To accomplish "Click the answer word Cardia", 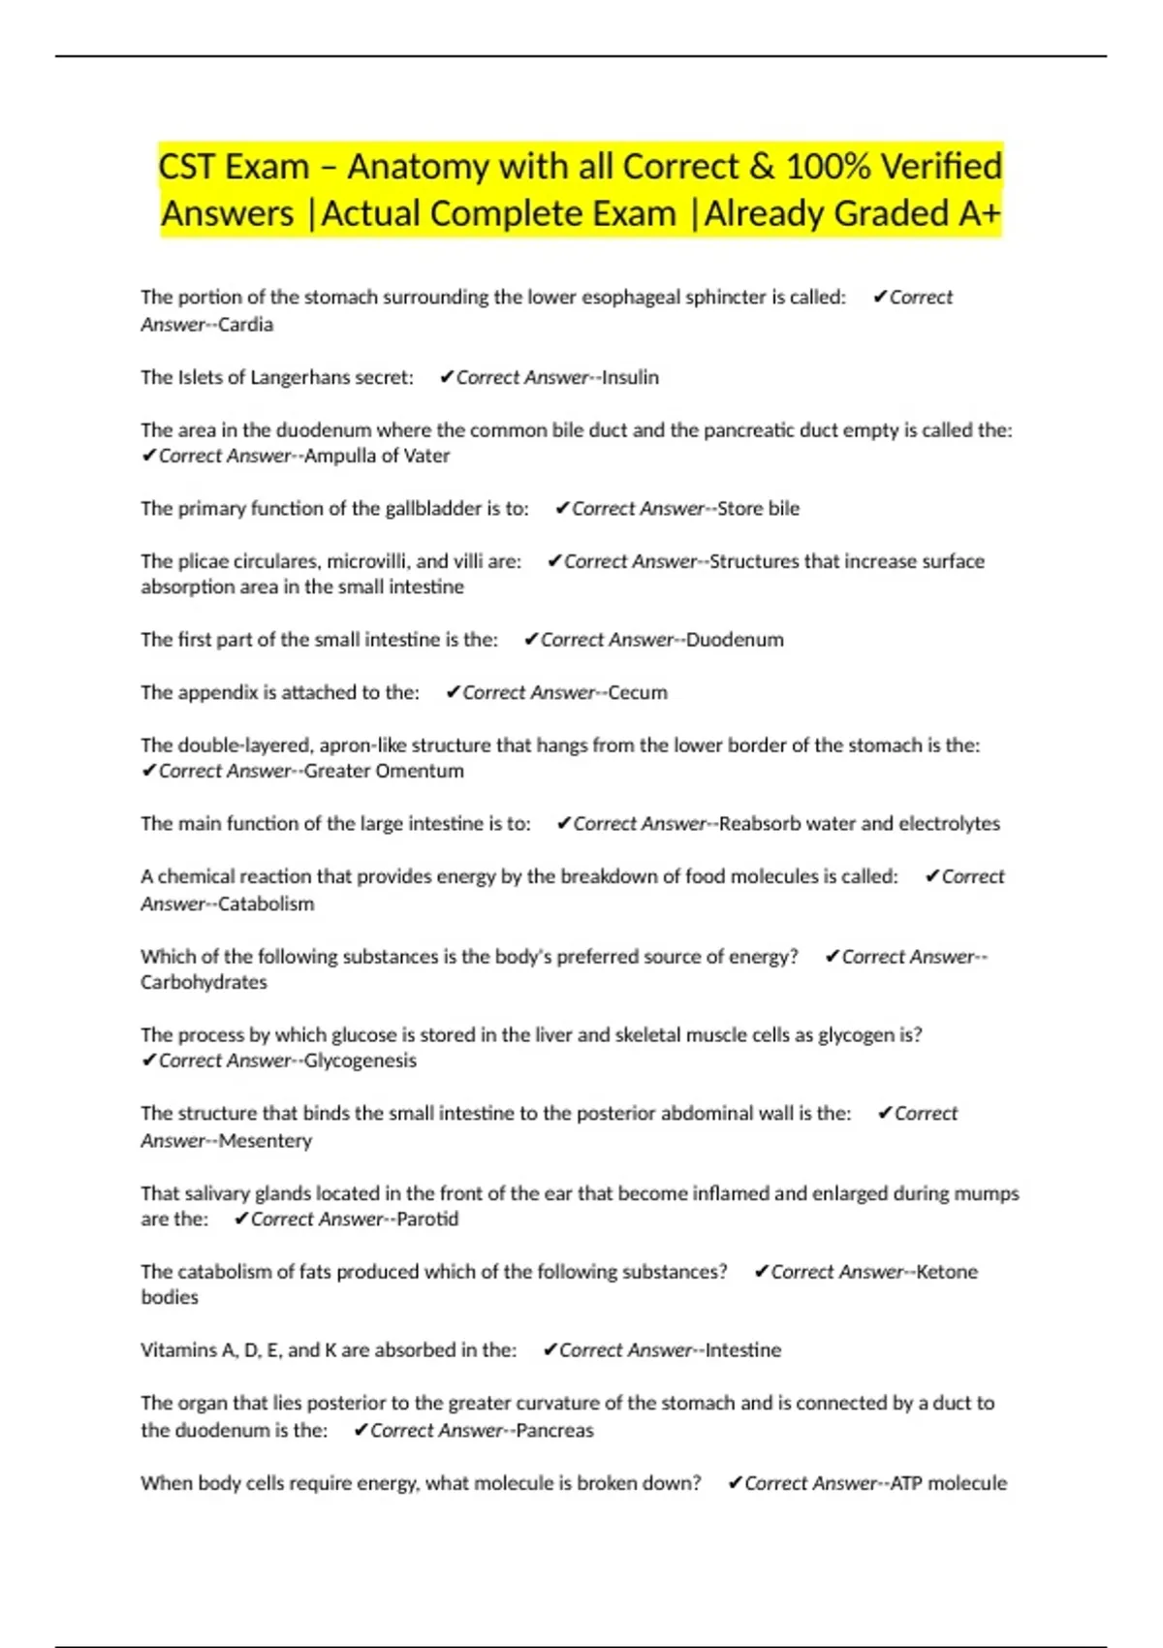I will pos(246,325).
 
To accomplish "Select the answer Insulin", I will pos(630,377).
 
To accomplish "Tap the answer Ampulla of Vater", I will pos(377,456).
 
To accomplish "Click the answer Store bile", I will pos(758,509).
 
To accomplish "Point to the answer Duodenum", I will pos(735,640).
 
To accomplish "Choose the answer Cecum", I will pos(638,693).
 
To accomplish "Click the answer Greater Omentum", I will pos(384,772).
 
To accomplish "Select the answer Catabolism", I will pos(267,903).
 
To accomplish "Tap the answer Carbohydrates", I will pos(204,982).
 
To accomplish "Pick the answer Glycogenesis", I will pos(361,1061).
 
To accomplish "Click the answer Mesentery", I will pos(266,1141).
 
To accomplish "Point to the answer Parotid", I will pos(427,1220).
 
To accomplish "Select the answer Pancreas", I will pos(554,1431).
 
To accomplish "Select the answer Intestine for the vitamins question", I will pos(742,1350).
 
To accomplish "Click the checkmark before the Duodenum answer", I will pos(531,639).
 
